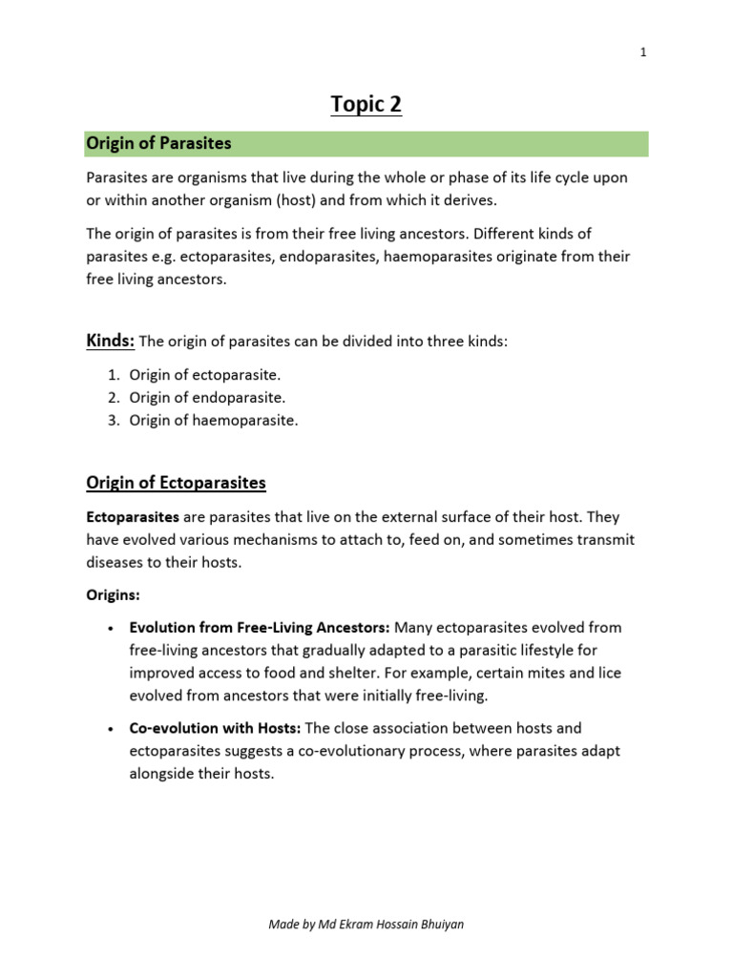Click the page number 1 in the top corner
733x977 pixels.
[x=643, y=52]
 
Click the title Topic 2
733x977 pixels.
[x=366, y=104]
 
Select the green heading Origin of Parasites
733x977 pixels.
[x=159, y=143]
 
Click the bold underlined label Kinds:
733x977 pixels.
[x=111, y=341]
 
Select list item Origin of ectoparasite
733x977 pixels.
[x=205, y=375]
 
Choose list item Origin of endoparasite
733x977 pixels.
[x=207, y=398]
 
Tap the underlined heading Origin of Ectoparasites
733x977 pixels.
[x=177, y=483]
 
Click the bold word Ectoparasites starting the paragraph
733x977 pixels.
[x=133, y=516]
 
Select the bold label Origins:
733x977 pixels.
[x=113, y=594]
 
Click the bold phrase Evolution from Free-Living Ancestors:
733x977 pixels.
[x=260, y=627]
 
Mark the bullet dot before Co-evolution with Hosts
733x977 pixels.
[x=111, y=728]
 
